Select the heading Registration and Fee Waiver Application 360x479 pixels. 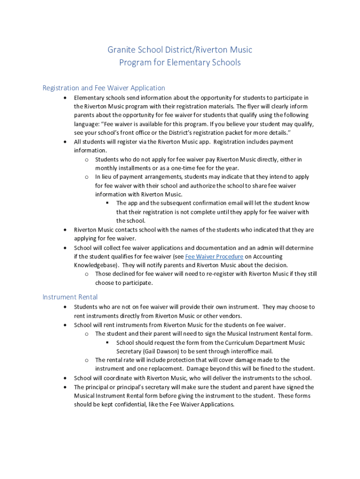104,88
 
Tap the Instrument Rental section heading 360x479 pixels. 70,297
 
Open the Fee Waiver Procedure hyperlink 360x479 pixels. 214,257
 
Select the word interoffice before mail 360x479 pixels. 239,351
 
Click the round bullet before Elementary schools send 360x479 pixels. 65,98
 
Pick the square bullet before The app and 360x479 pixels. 107,203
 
